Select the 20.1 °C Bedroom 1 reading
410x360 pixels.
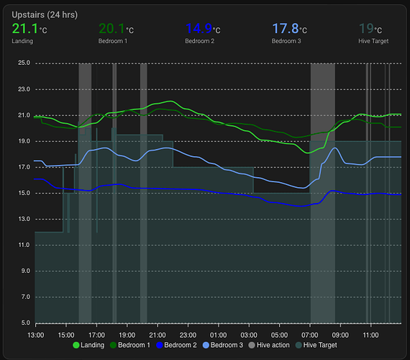pos(116,30)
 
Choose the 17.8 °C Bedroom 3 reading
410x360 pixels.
pos(289,30)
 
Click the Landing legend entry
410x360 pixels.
pos(88,346)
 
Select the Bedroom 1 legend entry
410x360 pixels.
pos(130,346)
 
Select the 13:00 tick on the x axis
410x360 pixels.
pos(35,335)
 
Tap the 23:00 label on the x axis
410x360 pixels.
pos(188,335)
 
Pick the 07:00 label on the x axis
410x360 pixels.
pos(310,335)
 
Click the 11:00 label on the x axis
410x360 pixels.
pos(371,335)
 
